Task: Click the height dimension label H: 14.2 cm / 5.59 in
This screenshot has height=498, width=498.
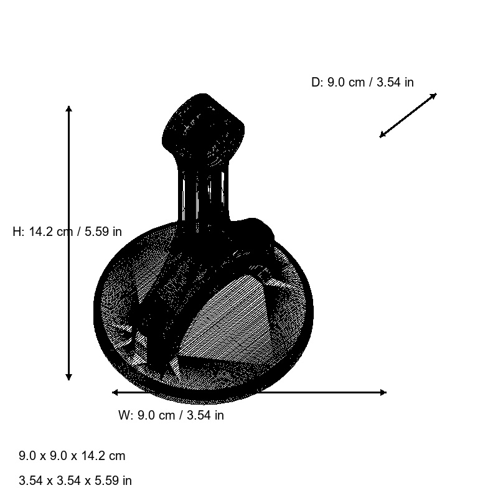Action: coord(67,232)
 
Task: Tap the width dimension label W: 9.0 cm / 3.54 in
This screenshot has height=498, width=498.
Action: coord(171,415)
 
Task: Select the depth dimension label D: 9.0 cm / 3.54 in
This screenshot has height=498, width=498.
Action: coord(362,82)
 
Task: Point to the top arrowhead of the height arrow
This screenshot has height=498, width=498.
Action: coord(68,109)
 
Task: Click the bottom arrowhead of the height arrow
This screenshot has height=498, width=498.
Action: coord(68,377)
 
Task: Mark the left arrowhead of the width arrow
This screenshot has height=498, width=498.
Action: coord(115,393)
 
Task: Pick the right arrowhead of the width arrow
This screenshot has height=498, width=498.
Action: coord(383,393)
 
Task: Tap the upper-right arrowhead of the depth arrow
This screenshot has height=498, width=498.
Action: coord(433,96)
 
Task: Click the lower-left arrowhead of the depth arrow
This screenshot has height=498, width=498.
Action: coord(383,134)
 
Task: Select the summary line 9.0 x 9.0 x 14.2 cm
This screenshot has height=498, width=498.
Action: coord(72,456)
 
